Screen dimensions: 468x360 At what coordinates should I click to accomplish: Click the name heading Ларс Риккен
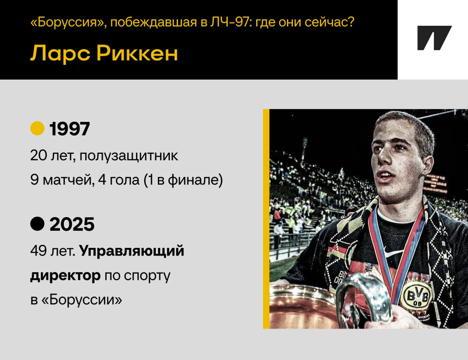click(104, 53)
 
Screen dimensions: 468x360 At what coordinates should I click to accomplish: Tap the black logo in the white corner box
click(434, 38)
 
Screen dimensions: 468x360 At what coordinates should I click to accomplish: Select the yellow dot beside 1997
click(37, 128)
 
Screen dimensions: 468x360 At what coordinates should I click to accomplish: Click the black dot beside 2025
click(37, 224)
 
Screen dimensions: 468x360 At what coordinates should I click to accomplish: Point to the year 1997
click(70, 129)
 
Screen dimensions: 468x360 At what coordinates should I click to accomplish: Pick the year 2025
click(72, 224)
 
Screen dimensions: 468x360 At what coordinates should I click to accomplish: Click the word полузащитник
click(129, 156)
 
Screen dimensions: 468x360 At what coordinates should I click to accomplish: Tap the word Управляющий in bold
click(132, 251)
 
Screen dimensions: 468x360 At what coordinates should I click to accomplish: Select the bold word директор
click(65, 275)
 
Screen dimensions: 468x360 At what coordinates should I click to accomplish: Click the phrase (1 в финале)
click(183, 180)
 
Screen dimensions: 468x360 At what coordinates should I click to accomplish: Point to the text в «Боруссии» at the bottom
click(76, 299)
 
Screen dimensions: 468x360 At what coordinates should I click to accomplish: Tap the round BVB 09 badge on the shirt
click(417, 296)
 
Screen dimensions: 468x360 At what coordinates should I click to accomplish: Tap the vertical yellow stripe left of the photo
click(266, 219)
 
